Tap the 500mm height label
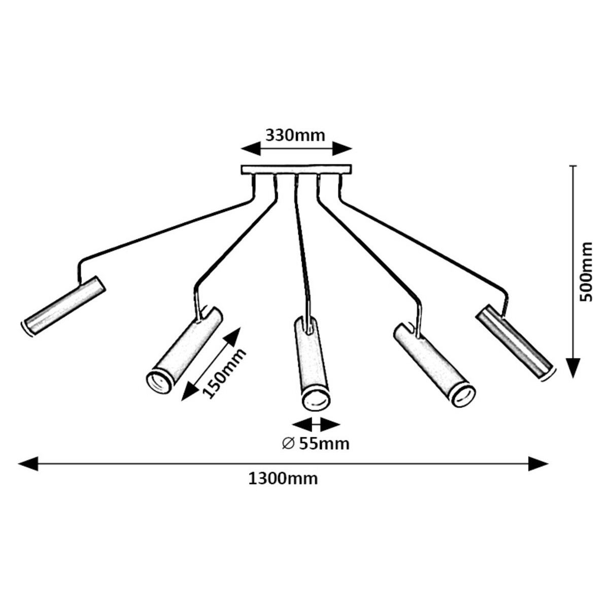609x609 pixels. pyautogui.click(x=587, y=272)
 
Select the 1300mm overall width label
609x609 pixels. pyautogui.click(x=283, y=479)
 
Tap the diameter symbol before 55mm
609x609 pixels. pyautogui.click(x=288, y=444)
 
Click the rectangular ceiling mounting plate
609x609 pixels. pyautogui.click(x=296, y=170)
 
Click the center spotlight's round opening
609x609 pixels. pyautogui.click(x=316, y=399)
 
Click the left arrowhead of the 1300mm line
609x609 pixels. pyautogui.click(x=27, y=463)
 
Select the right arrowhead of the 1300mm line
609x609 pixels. pyautogui.click(x=539, y=463)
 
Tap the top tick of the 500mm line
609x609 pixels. pyautogui.click(x=573, y=166)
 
